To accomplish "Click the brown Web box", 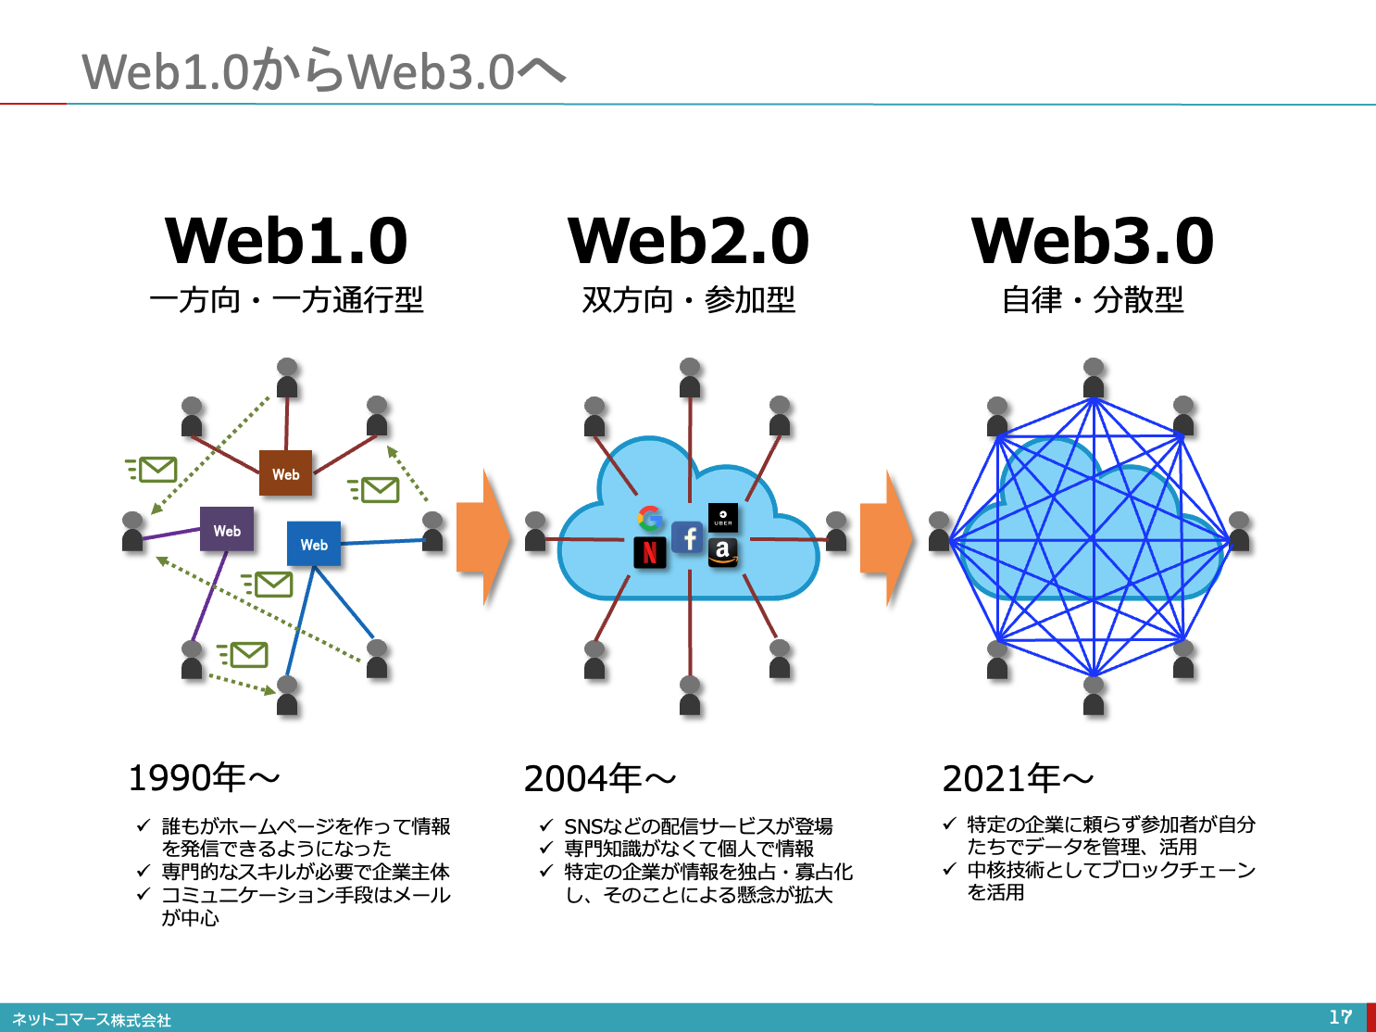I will pos(285,473).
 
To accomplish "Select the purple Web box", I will pos(227,530).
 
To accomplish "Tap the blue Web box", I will pos(314,544).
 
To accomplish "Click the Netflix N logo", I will pos(650,552).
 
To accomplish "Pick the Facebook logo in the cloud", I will pos(688,537).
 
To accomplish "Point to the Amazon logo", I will pos(722,551).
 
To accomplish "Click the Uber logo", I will pos(722,517).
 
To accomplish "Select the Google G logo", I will pos(650,518).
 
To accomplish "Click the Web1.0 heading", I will pos(286,241).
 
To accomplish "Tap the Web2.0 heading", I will pos(688,241).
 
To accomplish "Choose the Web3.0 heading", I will pos(1093,241).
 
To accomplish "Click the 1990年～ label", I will pos(203,778).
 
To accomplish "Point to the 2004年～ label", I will pos(599,779).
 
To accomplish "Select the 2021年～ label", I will pos(1018,779).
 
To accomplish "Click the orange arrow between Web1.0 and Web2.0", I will pos(483,537).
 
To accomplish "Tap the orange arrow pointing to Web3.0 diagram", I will pos(887,537).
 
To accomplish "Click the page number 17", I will pos(1340,1017).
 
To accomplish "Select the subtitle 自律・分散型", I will pos(1093,300).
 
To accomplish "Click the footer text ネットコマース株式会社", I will pos(92,1020).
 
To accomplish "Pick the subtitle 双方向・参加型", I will pos(688,300).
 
